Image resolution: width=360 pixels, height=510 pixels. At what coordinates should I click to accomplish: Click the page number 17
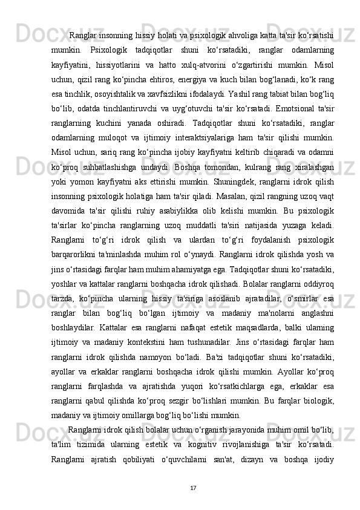(x=192, y=470)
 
